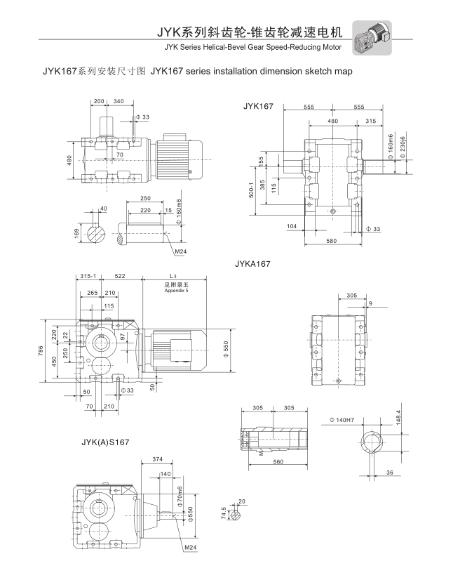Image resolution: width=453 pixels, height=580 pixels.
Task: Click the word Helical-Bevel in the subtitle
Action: [231, 48]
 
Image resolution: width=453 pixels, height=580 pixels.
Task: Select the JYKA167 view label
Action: [252, 264]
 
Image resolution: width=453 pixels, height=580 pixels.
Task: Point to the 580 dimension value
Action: [332, 242]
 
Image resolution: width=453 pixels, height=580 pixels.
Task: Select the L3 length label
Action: [173, 276]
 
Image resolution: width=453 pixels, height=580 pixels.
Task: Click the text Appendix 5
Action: [177, 290]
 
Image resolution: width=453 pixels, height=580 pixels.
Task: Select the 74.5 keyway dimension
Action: [224, 514]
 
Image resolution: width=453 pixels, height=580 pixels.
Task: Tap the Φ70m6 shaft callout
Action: [180, 497]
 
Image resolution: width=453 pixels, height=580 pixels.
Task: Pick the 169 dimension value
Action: [76, 231]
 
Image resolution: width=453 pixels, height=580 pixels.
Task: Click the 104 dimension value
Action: [291, 226]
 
